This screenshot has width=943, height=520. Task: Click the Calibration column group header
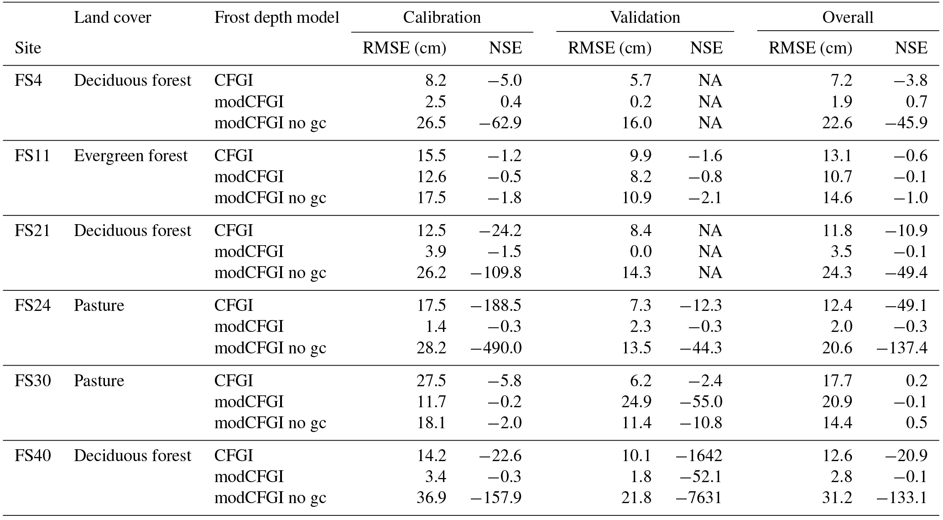442,17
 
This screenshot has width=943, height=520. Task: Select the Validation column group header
645,17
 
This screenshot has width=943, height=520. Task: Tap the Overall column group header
848,17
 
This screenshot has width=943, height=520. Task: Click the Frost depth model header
277,17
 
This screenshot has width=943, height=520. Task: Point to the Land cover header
112,17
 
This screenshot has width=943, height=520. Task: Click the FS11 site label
32,156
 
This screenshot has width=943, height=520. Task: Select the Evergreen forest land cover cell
130,156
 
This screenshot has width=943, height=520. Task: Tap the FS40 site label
32,456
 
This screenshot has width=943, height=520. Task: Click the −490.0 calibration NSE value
496,348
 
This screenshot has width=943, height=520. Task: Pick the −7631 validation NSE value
701,498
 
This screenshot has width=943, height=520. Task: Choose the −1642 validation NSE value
701,456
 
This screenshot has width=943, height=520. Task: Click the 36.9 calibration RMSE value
431,498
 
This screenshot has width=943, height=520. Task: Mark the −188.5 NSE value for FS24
496,305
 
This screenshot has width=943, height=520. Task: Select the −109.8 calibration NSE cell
496,273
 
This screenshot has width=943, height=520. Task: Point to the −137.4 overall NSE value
901,348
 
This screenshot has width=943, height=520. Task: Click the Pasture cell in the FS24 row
99,305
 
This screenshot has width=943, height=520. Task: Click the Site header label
28,48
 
